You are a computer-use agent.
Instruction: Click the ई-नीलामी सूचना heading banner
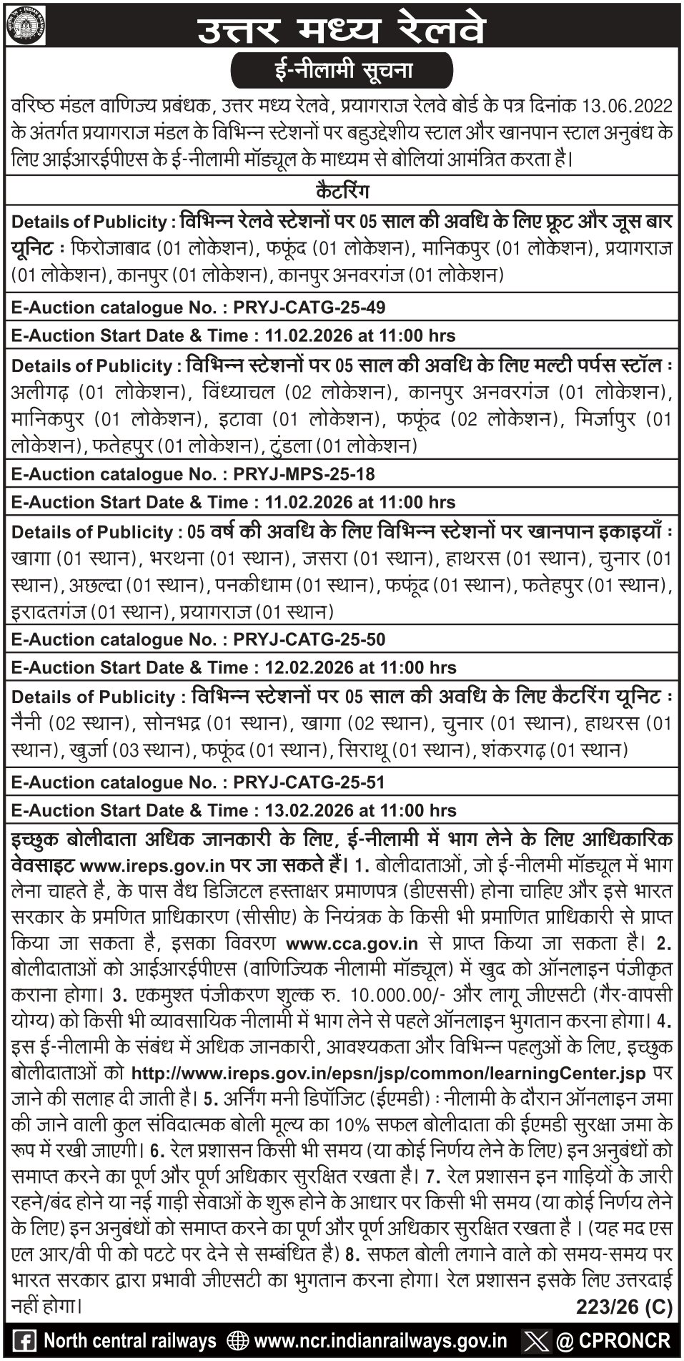(342, 73)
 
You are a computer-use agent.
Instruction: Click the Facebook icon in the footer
(26, 1339)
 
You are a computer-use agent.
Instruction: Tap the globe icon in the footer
(237, 1340)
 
